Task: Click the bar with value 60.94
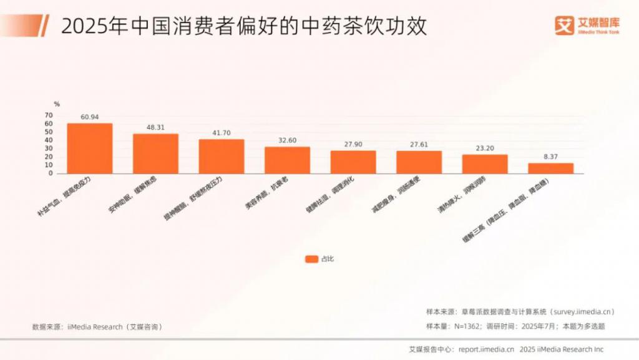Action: (90, 148)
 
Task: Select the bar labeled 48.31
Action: (155, 153)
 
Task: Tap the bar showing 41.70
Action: (222, 156)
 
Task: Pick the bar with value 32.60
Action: (287, 160)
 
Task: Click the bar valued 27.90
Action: (353, 162)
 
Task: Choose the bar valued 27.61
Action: (419, 162)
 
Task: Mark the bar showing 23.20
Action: (485, 163)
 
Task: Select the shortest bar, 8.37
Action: (550, 168)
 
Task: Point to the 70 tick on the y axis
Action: (49, 115)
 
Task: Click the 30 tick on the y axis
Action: (49, 148)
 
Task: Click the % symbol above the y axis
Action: (56, 104)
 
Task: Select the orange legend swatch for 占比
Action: (311, 259)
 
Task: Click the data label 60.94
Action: (90, 117)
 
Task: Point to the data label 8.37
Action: (550, 157)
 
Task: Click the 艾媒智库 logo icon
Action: (564, 25)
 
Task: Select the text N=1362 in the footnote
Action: (465, 326)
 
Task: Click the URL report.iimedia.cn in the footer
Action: (486, 349)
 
